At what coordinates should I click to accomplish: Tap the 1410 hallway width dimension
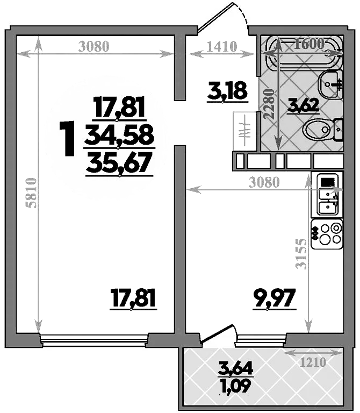[222, 47]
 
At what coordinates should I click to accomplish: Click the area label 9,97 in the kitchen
[275, 297]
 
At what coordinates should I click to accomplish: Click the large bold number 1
[68, 139]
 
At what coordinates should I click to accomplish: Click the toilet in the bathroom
[321, 130]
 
